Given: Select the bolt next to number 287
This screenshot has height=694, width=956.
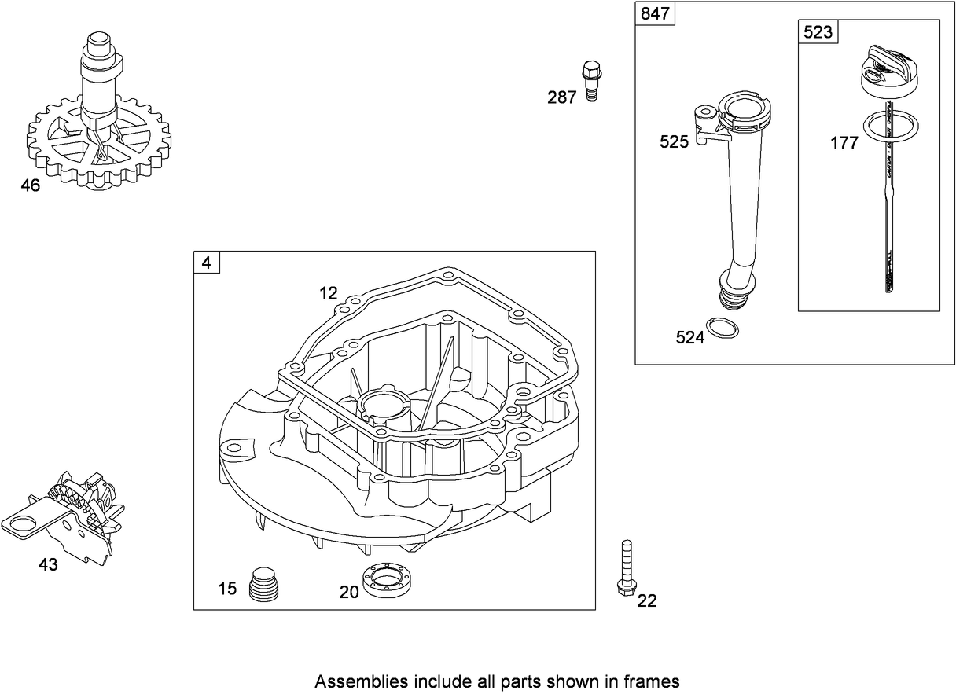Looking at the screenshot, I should pyautogui.click(x=590, y=79).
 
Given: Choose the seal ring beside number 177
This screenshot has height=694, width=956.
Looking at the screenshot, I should pyautogui.click(x=888, y=127).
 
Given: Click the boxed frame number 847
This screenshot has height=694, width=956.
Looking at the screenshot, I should pyautogui.click(x=651, y=14).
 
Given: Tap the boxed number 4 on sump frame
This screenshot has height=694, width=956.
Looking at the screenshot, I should pyautogui.click(x=207, y=263).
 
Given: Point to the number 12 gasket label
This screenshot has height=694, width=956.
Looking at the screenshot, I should pyautogui.click(x=328, y=293).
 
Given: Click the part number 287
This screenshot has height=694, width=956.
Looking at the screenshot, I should pyautogui.click(x=562, y=97).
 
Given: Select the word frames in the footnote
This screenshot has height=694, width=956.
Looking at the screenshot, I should pyautogui.click(x=656, y=681).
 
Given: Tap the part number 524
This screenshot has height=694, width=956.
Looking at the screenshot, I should pyautogui.click(x=689, y=337).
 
